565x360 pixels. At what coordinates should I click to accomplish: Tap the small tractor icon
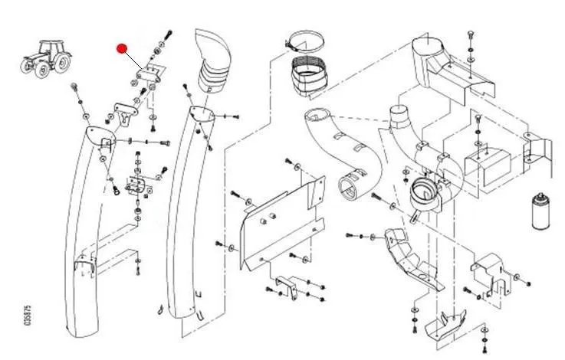coord(41,57)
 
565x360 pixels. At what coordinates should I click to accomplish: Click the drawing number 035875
coord(28,316)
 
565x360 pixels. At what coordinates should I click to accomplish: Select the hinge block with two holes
coord(137,184)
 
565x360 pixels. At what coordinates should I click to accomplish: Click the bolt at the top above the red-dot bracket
coord(166,36)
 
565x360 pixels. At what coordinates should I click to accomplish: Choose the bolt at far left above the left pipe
coord(75,87)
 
